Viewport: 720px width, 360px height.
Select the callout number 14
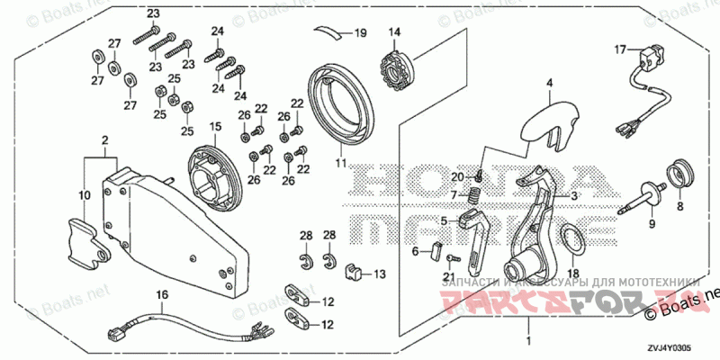393,32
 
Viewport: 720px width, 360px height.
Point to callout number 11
341,162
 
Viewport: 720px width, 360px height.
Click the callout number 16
163,294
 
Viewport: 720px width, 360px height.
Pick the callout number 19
360,33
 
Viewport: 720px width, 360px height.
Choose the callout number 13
379,274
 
